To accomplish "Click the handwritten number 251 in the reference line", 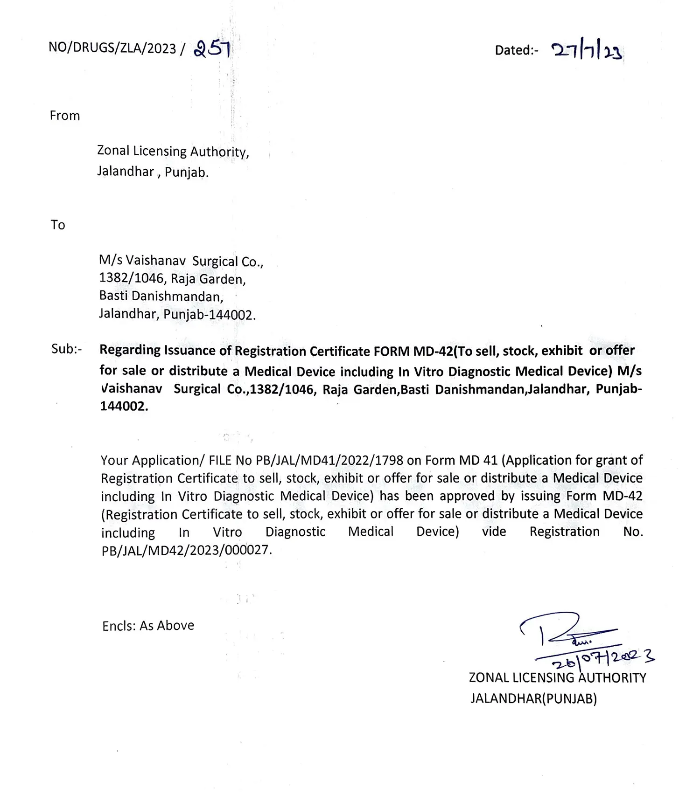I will click(212, 48).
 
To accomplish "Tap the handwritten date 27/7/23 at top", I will click(587, 51).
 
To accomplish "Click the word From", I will click(65, 116).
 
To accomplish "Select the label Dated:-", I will click(516, 50).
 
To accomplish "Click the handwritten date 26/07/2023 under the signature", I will click(602, 658).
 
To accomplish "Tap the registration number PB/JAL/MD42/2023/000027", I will click(186, 550).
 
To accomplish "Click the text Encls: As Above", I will click(148, 625).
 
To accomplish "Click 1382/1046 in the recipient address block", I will click(132, 279).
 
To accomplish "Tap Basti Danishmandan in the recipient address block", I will click(161, 296).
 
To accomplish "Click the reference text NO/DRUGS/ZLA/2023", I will click(112, 48).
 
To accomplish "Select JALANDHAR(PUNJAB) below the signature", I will click(533, 698).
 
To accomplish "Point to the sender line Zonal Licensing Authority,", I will click(173, 151).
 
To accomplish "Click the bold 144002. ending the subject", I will click(124, 407).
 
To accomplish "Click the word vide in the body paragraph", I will click(494, 532).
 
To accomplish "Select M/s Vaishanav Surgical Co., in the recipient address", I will click(181, 261).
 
